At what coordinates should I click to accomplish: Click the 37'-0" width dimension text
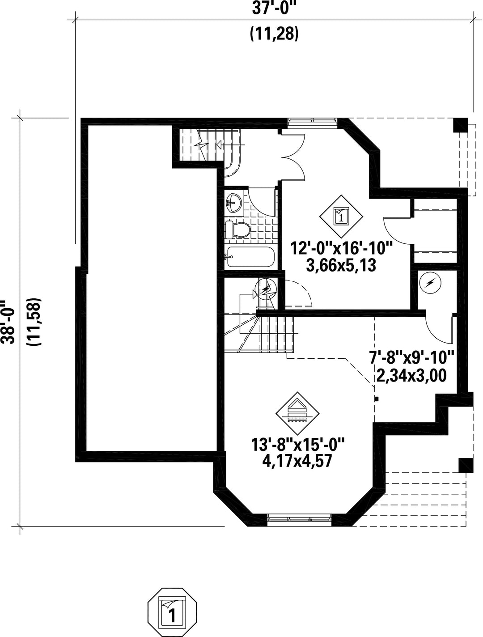tap(274, 8)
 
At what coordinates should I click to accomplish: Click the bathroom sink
tap(233, 204)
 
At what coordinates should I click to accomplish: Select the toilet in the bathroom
tap(237, 230)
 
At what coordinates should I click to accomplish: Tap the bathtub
tap(249, 257)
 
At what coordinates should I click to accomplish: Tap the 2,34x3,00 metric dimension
tap(411, 375)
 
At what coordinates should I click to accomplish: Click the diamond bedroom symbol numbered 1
tap(341, 216)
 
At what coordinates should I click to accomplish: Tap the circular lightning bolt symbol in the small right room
tap(431, 282)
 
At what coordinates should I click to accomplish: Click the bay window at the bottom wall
tap(299, 519)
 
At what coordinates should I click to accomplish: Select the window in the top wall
tap(312, 120)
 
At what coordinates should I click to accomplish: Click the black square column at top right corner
tap(460, 125)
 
